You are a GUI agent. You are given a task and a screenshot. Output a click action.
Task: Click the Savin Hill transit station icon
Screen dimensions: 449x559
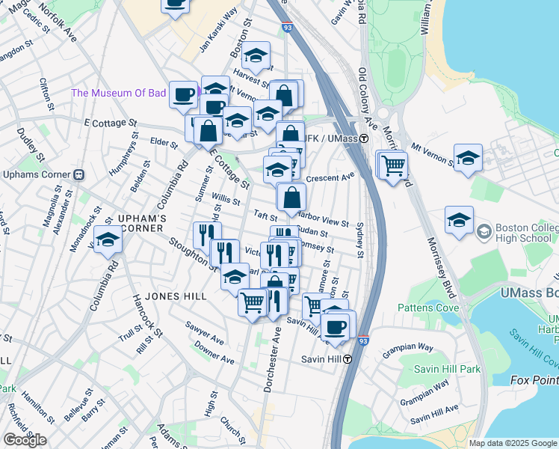click(348, 358)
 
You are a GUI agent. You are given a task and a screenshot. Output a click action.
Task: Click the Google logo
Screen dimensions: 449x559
click(25, 440)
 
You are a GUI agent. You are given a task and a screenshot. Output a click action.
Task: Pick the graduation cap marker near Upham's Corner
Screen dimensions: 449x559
click(108, 240)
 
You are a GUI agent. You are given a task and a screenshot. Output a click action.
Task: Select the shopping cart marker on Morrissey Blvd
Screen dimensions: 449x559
click(393, 165)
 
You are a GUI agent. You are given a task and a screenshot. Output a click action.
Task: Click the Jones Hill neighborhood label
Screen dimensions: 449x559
click(175, 296)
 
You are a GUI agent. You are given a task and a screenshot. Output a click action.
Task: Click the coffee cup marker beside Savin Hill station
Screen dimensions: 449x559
click(335, 326)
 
